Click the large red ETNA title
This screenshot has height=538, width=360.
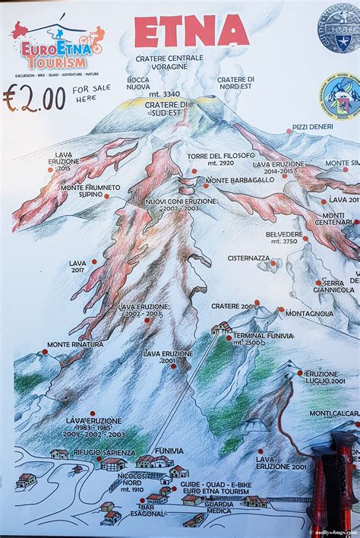(191, 31)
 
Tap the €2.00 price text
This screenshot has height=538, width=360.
(33, 100)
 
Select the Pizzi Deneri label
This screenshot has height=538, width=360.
(312, 126)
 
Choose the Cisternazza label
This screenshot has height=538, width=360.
(248, 258)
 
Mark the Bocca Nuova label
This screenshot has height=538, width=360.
(138, 83)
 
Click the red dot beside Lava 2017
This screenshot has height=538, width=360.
(94, 261)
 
